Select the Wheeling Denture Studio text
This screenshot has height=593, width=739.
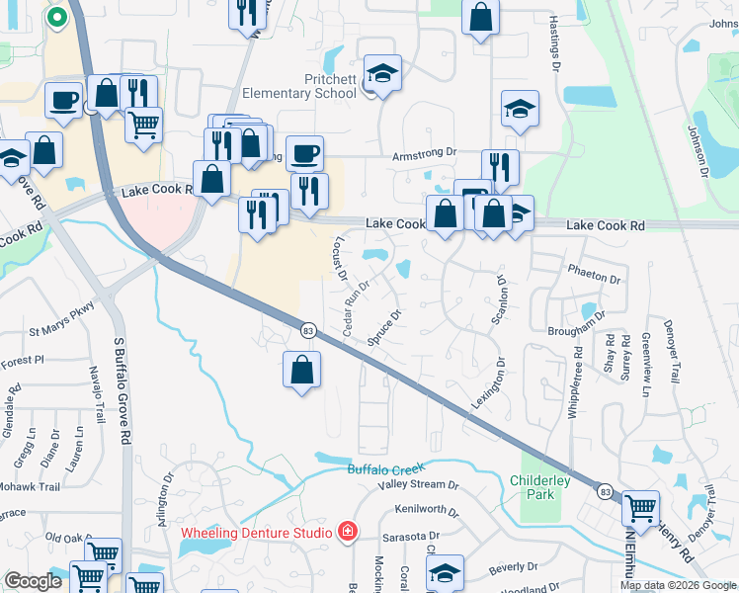[256, 533]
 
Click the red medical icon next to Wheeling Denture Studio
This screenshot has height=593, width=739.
[346, 533]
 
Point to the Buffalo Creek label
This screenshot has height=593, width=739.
[385, 467]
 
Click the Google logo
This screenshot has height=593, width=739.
[33, 581]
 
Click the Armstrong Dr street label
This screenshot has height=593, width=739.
[424, 153]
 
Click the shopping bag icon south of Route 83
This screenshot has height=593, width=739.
[301, 371]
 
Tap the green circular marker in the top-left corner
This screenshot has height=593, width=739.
[56, 16]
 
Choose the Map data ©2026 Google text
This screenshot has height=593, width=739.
[677, 585]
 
